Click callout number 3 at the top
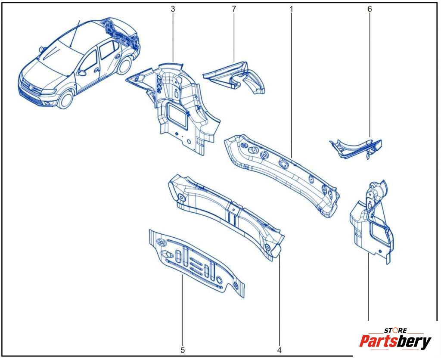point(173,9)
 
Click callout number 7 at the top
point(234,9)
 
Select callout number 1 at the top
point(292,9)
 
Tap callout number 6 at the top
point(370,9)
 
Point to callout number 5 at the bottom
point(183,350)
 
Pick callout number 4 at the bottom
point(279,350)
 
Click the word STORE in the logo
point(396,330)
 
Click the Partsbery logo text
point(395,341)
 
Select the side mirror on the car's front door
point(82,73)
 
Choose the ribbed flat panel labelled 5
point(196,263)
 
